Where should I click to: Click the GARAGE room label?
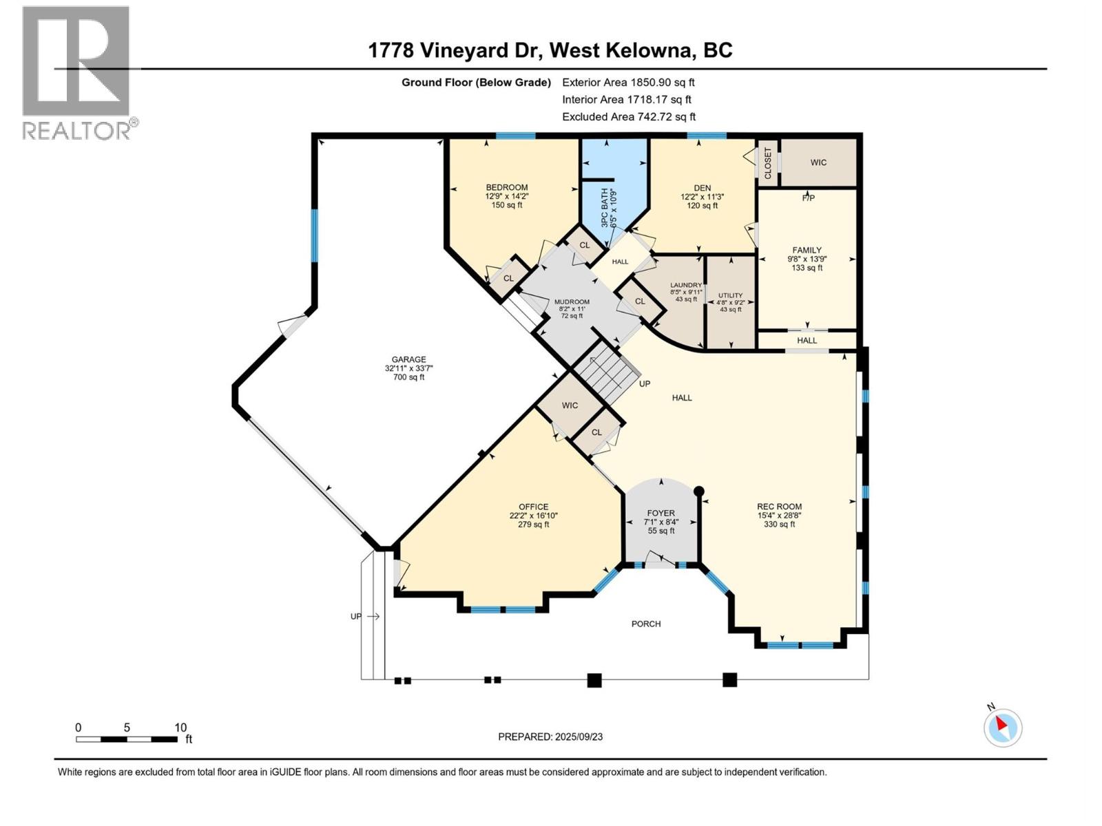tap(408, 359)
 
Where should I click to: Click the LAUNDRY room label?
tap(686, 285)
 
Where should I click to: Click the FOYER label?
tap(661, 513)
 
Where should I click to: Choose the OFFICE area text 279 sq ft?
tap(533, 525)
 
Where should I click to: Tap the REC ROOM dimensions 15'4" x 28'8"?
tap(779, 515)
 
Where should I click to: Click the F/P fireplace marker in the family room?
tap(808, 198)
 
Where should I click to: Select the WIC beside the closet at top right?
tap(818, 162)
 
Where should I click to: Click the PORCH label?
tap(646, 624)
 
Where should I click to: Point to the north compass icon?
tap(1002, 727)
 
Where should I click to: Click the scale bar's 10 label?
tap(180, 728)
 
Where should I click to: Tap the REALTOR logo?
tap(77, 72)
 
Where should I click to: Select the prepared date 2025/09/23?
tap(578, 737)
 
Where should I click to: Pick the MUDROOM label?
tap(572, 301)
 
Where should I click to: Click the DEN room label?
tap(702, 188)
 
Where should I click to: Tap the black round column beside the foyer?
tap(698, 491)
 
